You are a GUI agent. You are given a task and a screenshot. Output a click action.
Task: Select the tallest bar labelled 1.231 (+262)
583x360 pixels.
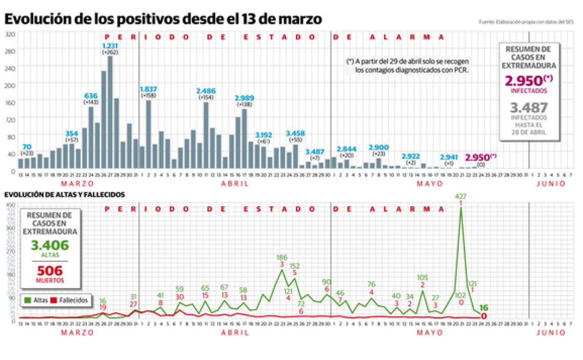pyautogui.click(x=110, y=112)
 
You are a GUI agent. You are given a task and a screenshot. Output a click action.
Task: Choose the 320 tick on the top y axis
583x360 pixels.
pyautogui.click(x=11, y=34)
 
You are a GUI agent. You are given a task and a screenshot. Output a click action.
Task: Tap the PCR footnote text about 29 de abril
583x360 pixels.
pyautogui.click(x=407, y=66)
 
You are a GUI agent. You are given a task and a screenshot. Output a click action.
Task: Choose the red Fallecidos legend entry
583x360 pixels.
pyautogui.click(x=71, y=301)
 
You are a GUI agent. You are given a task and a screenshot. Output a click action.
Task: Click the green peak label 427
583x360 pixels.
pyautogui.click(x=461, y=196)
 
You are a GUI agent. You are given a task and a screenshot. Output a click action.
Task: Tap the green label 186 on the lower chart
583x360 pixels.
pyautogui.click(x=282, y=257)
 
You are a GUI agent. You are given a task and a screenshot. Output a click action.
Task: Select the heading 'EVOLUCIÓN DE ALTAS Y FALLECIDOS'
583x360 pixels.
pyautogui.click(x=65, y=194)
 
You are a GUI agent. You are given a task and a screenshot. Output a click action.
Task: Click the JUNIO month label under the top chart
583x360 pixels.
pyautogui.click(x=551, y=184)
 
